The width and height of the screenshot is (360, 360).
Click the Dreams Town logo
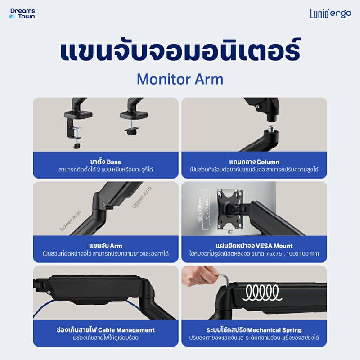coord(22,13)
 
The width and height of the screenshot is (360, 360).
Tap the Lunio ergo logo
coord(330,13)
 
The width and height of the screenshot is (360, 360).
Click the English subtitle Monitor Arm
coord(180,80)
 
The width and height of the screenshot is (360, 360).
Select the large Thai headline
coord(180,50)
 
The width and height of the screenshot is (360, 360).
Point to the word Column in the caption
coord(268,162)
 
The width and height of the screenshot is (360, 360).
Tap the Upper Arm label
coord(142,197)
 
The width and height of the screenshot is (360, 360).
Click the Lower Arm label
coord(70,220)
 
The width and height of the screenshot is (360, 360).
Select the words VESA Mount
coord(274,246)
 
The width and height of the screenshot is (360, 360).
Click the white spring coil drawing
coord(262,293)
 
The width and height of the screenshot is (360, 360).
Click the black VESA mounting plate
coord(230,209)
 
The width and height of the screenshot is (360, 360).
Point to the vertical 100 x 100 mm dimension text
coord(200,209)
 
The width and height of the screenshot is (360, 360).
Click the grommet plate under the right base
coord(131,131)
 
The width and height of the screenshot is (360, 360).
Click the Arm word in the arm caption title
coord(116,246)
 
